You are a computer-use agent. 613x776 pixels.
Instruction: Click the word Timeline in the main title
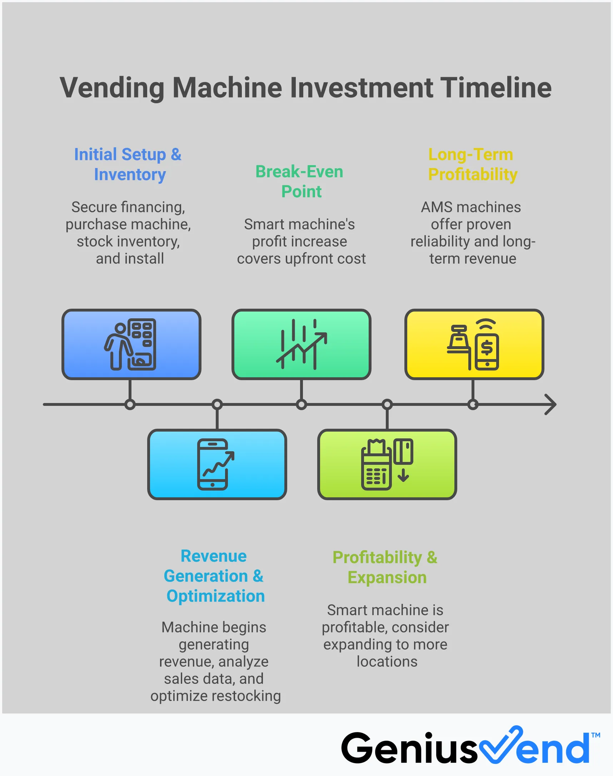[x=495, y=88]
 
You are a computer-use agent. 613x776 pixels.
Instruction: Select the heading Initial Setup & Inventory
[x=128, y=164]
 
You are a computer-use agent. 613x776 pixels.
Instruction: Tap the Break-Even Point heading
[x=300, y=181]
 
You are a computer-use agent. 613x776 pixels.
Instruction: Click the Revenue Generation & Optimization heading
[x=214, y=576]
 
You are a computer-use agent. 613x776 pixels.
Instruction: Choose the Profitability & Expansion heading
[x=385, y=567]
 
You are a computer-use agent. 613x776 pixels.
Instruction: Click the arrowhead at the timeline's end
[x=551, y=404]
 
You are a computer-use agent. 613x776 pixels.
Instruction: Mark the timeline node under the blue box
[x=130, y=404]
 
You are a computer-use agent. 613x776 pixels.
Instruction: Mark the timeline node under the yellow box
[x=473, y=404]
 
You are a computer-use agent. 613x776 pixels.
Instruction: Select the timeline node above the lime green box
[x=387, y=404]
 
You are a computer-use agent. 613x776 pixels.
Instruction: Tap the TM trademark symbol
[x=595, y=735]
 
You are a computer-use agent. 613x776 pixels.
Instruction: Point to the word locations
[x=387, y=661]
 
